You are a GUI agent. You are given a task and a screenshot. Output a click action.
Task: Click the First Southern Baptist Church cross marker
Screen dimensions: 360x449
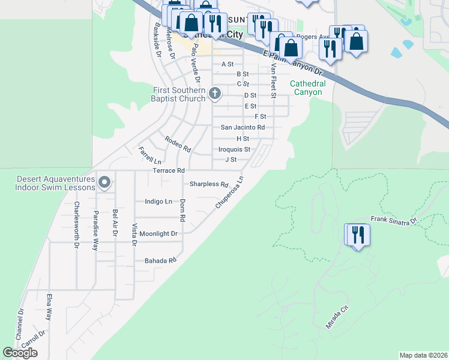[215, 93]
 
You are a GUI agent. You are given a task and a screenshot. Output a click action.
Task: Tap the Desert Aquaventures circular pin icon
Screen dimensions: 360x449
[104, 181]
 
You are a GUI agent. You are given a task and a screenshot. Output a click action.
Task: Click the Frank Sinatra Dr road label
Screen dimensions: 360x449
[393, 221]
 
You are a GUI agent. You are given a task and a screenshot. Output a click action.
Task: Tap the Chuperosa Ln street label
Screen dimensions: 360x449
[230, 193]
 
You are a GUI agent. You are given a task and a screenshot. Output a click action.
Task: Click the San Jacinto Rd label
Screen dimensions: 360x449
[243, 127]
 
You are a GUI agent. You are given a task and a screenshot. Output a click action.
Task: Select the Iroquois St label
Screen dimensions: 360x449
[234, 149]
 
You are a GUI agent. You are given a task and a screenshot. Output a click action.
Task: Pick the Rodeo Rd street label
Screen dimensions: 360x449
[178, 144]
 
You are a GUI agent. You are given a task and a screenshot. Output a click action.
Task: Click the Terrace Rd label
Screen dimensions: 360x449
[169, 170]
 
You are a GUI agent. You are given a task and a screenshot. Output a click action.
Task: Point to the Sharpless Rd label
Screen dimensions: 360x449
[209, 185]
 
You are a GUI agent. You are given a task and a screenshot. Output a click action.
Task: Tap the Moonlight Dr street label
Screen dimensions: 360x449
[158, 233]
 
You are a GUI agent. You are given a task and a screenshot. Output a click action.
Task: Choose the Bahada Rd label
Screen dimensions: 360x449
[160, 261]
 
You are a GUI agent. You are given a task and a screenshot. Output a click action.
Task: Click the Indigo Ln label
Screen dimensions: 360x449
[158, 202]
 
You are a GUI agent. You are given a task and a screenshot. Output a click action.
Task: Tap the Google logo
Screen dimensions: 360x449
[20, 353]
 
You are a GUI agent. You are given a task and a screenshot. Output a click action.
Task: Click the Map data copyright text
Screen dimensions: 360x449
[423, 355]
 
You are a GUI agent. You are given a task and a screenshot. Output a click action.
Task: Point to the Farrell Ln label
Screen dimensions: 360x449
[150, 155]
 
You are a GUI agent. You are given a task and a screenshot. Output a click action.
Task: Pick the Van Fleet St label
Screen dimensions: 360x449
[273, 82]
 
